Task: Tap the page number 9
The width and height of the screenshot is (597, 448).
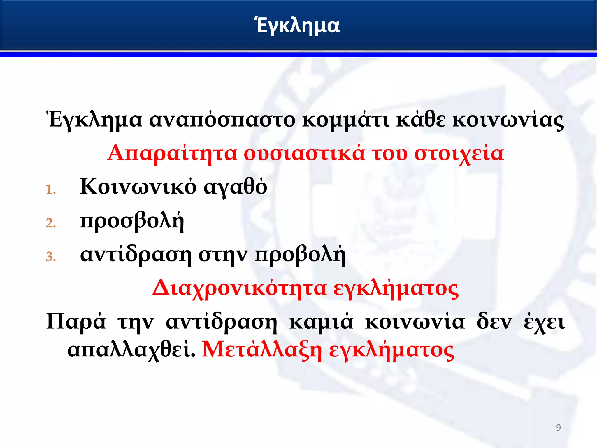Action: (x=558, y=427)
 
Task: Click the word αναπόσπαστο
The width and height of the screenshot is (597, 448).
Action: (x=222, y=120)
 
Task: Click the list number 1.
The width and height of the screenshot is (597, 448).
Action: (x=50, y=190)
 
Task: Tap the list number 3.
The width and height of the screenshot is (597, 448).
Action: (x=50, y=257)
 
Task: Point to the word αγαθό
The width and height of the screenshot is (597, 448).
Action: (x=235, y=187)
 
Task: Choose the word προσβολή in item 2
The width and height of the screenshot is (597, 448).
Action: (x=132, y=221)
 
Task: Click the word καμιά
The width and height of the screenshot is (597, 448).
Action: (x=321, y=322)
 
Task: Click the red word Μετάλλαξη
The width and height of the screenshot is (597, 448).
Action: (x=262, y=350)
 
